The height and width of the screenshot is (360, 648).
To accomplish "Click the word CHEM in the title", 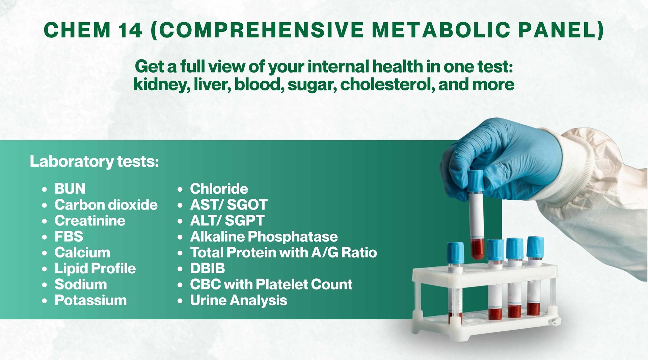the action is [x=77, y=30].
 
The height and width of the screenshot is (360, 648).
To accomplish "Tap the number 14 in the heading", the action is [x=130, y=30].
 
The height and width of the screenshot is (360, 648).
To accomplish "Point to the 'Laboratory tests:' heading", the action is [x=94, y=161].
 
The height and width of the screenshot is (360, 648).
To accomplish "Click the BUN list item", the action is [x=70, y=189].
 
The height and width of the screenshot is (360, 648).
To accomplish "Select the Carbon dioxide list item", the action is [x=106, y=205].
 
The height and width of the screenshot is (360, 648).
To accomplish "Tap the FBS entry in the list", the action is [x=69, y=237].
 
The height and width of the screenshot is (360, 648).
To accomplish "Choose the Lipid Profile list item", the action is [x=95, y=269].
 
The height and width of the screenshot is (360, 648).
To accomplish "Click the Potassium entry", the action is [x=91, y=300].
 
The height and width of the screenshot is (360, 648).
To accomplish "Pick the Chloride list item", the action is [x=219, y=189].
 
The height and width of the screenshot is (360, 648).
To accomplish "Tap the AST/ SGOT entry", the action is [x=229, y=205].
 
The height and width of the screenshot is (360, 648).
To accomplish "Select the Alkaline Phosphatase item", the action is [x=264, y=237].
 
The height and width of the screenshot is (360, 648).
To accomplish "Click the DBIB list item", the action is [x=208, y=269].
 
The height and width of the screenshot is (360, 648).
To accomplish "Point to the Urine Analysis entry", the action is [x=239, y=300].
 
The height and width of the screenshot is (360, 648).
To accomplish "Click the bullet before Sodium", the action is [x=45, y=285].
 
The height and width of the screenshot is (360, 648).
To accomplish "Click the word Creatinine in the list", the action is [x=90, y=221].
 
